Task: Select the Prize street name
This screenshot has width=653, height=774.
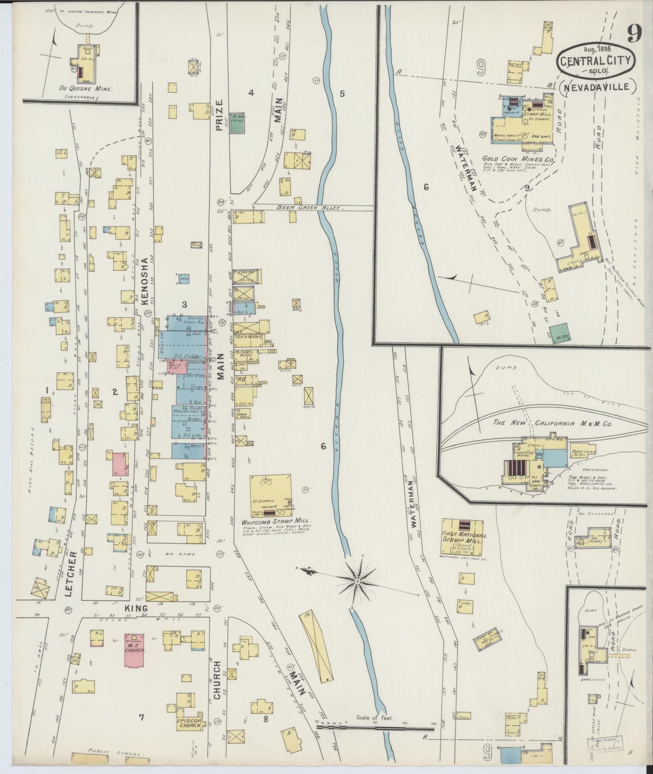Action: point(220,115)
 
